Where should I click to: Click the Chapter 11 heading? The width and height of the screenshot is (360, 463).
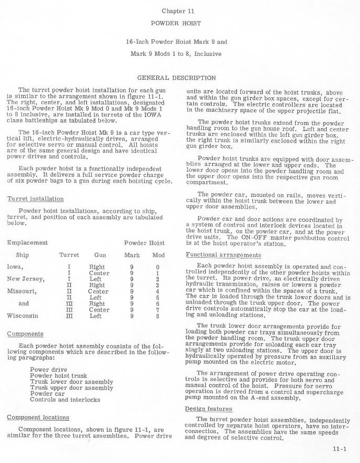coord(180,10)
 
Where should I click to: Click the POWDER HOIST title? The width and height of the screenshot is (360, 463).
coord(180,24)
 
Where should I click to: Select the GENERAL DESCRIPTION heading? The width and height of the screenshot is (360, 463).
coord(179,78)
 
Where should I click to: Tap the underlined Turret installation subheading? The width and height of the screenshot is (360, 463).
coord(36,199)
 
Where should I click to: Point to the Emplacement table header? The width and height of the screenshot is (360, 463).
coord(27,243)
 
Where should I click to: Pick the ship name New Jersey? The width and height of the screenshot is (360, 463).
coord(26,279)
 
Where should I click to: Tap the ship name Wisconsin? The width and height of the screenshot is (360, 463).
coord(24,316)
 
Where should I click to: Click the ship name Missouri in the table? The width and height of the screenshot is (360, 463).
coord(22,291)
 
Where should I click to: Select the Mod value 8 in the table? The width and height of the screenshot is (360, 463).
coord(157,316)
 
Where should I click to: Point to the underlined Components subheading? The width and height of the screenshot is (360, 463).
coord(26,334)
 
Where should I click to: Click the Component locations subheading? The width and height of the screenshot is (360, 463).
coord(38,417)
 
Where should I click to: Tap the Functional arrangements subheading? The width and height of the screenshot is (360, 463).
coord(223,255)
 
